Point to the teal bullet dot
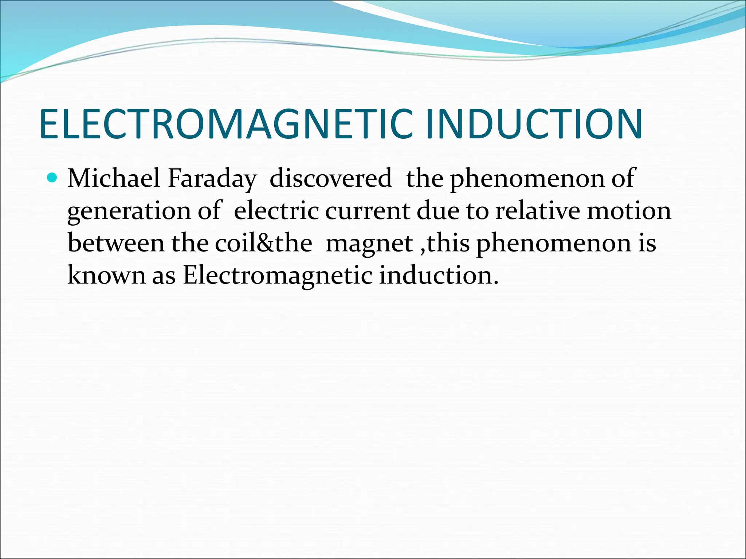pyautogui.click(x=53, y=178)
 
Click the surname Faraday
pyautogui.click(x=212, y=179)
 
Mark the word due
pyautogui.click(x=438, y=211)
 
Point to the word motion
pyautogui.click(x=629, y=211)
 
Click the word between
pyautogui.click(x=116, y=243)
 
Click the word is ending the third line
pyautogui.click(x=647, y=243)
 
